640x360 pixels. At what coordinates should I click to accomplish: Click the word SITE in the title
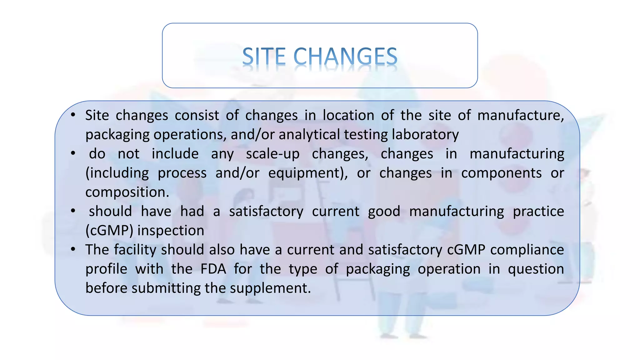264,57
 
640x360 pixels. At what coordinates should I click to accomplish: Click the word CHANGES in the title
345,57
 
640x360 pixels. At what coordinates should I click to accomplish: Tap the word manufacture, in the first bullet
520,116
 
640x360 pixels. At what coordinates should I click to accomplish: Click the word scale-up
272,154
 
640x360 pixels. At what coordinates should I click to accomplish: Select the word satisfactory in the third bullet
266,212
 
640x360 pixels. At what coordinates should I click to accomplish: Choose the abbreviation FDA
213,269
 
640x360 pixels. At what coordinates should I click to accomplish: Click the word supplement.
270,288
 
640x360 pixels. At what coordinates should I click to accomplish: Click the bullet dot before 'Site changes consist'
73,115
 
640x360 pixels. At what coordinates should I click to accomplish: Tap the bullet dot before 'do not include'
73,153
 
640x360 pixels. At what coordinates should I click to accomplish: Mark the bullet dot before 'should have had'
73,211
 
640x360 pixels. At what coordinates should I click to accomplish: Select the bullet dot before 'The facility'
73,249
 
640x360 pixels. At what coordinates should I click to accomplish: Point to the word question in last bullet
536,269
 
